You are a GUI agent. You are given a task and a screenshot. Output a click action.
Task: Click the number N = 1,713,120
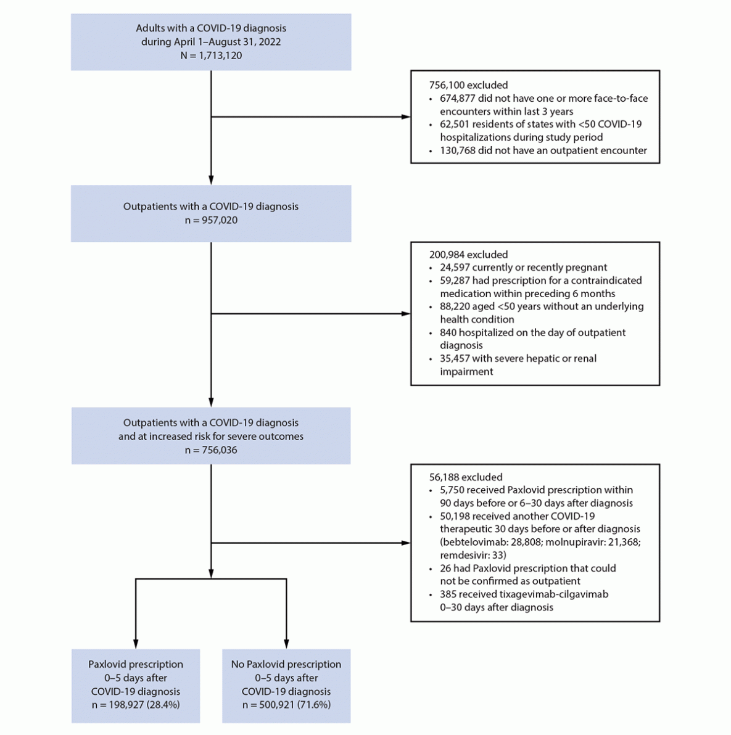[211, 55]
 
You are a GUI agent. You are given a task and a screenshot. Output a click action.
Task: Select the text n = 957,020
[211, 220]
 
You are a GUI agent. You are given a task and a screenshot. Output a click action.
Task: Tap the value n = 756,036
[211, 450]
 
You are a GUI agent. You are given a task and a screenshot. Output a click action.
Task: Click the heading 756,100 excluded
[468, 85]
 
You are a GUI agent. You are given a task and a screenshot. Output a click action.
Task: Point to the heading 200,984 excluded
[468, 254]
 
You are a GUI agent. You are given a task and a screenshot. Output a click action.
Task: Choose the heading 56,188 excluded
[466, 477]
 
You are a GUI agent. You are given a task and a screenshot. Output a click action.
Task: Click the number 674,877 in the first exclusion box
[458, 98]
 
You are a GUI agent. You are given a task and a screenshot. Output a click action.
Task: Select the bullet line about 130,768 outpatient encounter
[543, 150]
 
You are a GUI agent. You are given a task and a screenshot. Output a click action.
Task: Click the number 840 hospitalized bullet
[448, 332]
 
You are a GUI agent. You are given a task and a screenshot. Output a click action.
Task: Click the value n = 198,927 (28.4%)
[136, 704]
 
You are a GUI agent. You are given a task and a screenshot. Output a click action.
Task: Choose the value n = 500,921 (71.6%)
[286, 704]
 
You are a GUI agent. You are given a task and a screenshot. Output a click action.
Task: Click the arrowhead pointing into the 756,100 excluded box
[405, 117]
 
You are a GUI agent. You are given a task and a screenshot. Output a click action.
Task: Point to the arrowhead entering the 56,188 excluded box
[405, 543]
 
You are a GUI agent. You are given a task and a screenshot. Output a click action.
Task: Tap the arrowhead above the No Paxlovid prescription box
[286, 644]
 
